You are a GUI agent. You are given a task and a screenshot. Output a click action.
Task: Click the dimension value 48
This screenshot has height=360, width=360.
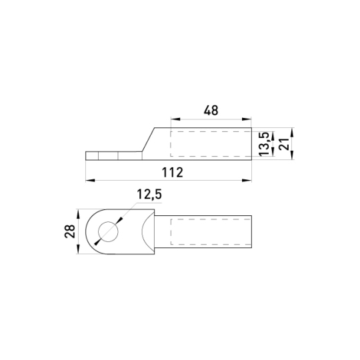pyautogui.click(x=211, y=111)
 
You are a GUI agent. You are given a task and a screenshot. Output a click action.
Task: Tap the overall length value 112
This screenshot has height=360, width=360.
pyautogui.click(x=173, y=173)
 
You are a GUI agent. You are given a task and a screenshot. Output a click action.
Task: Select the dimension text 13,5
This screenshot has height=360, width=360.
pyautogui.click(x=263, y=144)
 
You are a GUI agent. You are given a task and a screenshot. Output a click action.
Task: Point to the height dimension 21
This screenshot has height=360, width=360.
pyautogui.click(x=285, y=144)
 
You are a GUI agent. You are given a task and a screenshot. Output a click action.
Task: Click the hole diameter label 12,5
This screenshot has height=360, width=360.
pyautogui.click(x=149, y=194)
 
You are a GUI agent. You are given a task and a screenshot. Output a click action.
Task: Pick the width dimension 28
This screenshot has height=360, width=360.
pyautogui.click(x=70, y=231)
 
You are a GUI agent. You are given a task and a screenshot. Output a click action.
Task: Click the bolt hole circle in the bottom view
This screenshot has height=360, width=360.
pyautogui.click(x=108, y=232)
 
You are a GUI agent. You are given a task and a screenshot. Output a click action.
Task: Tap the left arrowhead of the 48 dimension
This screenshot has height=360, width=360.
pyautogui.click(x=175, y=119)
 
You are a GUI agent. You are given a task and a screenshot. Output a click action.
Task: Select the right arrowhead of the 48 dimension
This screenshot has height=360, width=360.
pyautogui.click(x=247, y=119)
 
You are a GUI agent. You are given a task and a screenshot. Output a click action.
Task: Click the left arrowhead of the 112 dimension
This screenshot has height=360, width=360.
pyautogui.click(x=90, y=181)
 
